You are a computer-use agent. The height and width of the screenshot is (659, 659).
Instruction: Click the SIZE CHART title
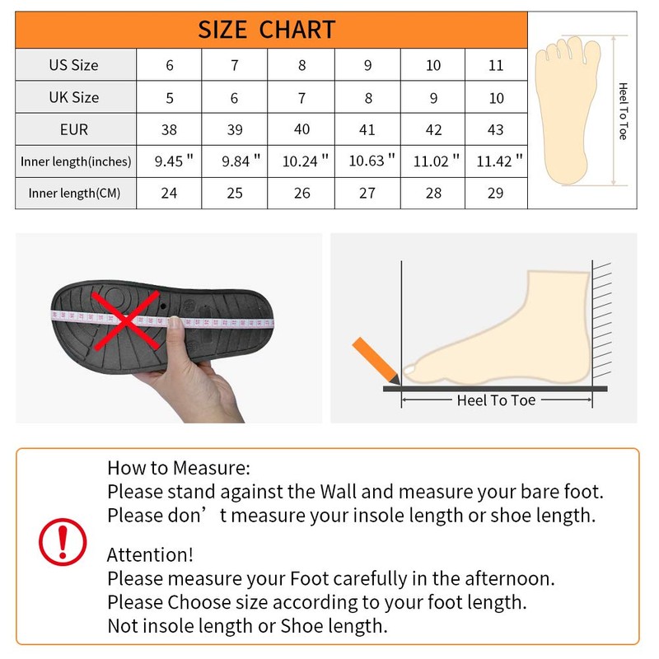[266, 30]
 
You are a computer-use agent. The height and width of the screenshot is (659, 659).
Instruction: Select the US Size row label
[73, 65]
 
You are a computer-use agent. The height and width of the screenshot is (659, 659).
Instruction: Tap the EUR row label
[74, 129]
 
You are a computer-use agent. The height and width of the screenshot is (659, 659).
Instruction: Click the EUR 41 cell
[367, 129]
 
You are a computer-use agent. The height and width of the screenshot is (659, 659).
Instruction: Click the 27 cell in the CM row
[367, 193]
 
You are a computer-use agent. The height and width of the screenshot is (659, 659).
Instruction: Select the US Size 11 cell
[496, 65]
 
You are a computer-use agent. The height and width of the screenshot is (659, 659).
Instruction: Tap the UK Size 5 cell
[170, 98]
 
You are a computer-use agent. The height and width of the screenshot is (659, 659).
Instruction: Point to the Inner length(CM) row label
[74, 193]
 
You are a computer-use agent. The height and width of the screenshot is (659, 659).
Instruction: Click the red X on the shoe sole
[126, 321]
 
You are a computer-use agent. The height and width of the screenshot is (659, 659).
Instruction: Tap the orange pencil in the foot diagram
[376, 361]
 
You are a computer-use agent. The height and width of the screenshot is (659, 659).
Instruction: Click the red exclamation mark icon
[63, 542]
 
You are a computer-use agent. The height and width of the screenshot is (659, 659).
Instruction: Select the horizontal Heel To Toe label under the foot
[497, 400]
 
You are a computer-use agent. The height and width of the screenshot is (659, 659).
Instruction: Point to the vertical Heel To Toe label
[624, 111]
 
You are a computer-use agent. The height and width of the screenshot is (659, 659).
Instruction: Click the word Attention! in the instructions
[150, 554]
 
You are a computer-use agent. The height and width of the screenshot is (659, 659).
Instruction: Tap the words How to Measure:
[179, 468]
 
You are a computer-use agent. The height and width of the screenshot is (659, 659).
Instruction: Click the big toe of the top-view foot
[591, 54]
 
